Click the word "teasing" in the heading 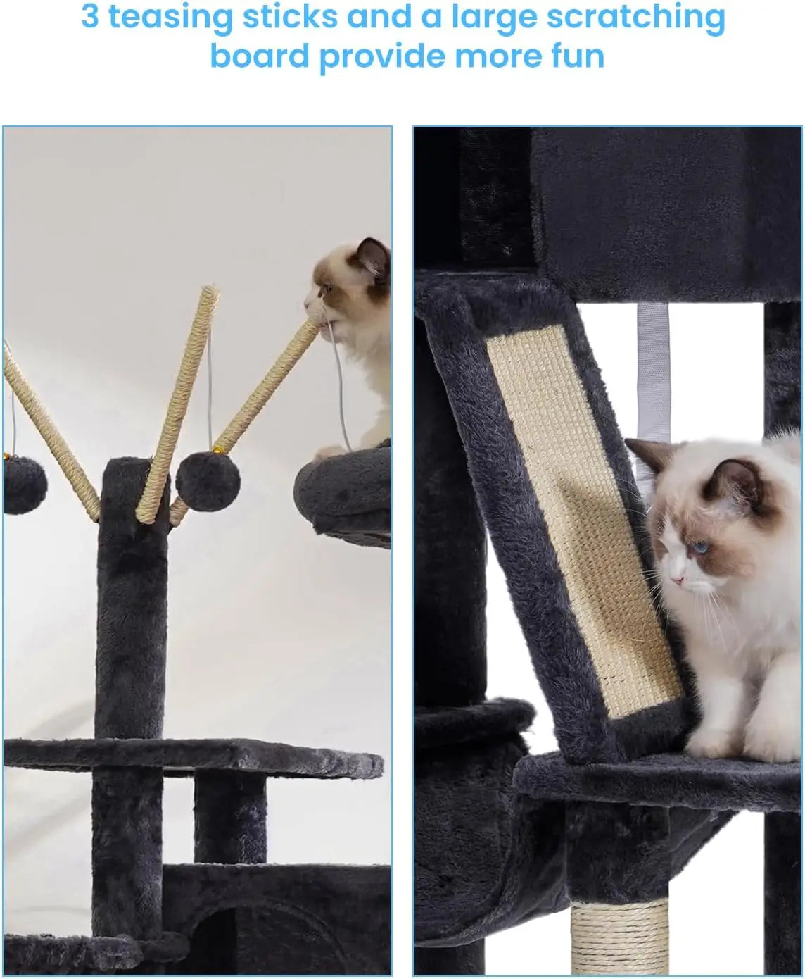pos(170,18)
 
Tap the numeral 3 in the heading pos(90,17)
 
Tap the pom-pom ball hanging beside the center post pos(208,481)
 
